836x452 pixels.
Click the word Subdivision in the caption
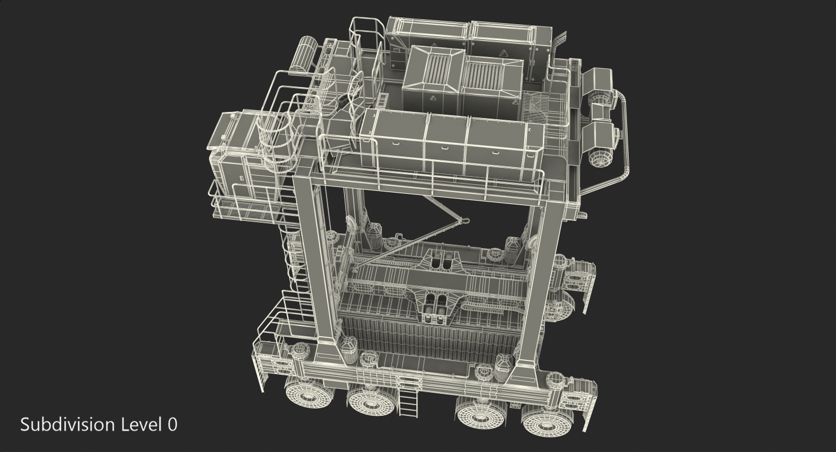tap(67, 425)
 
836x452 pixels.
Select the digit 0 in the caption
tap(172, 425)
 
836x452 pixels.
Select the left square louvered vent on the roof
tap(434, 69)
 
